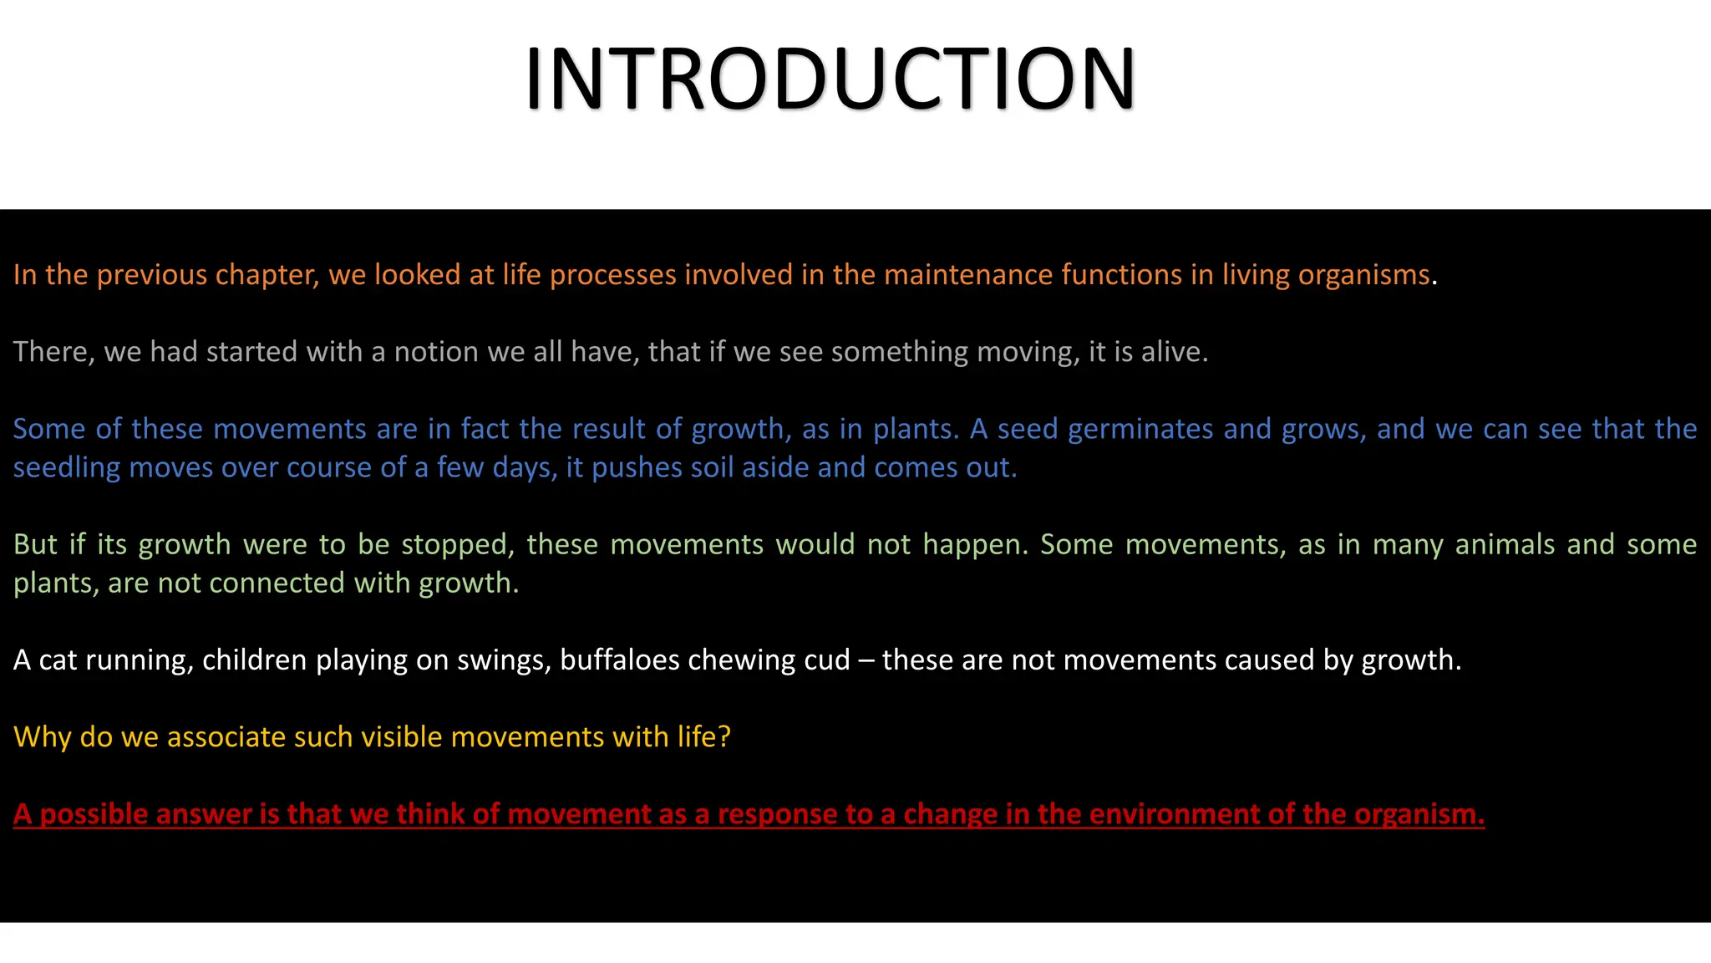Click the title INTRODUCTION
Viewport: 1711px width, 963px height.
pos(830,79)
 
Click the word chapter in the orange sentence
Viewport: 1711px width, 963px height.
pos(267,275)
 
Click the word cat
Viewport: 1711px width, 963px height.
pos(58,660)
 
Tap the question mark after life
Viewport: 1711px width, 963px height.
pos(724,736)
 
